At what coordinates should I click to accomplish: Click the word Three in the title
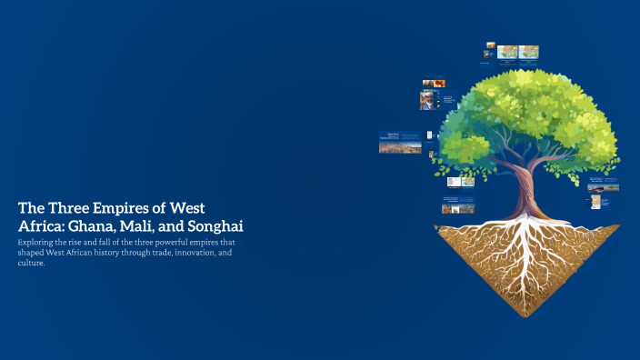point(69,206)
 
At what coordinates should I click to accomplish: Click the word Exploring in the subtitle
point(38,243)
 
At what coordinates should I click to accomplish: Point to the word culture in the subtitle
point(32,263)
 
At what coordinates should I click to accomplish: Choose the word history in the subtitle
point(96,253)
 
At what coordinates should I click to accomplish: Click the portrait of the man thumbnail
point(426,100)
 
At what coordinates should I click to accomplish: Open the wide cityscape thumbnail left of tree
point(400,143)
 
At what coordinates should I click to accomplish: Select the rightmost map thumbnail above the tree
point(528,52)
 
